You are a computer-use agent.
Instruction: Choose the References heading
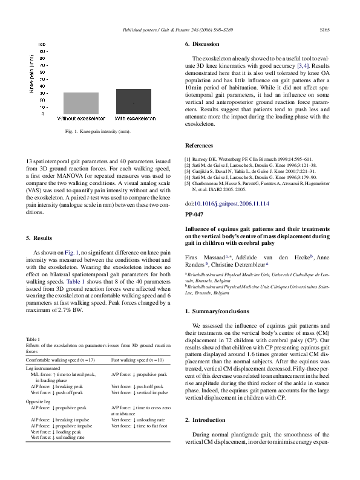[198, 146]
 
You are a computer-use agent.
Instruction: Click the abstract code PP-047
[194, 215]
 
